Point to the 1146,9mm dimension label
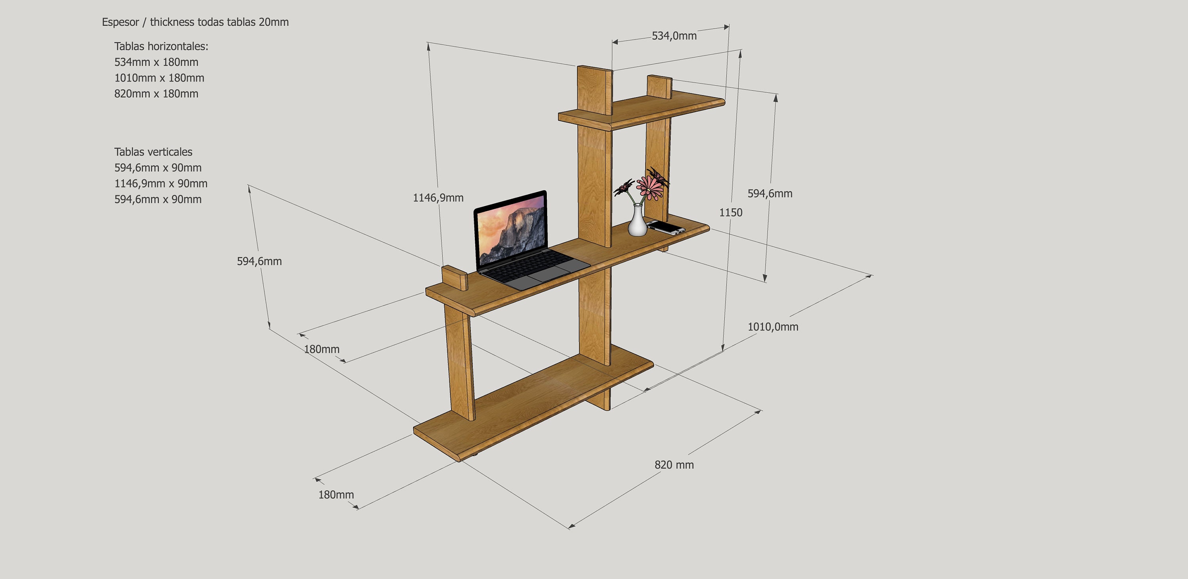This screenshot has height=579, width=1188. [438, 198]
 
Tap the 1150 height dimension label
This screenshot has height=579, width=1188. [731, 213]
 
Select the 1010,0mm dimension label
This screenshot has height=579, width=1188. [773, 327]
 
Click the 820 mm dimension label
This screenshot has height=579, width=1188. [674, 464]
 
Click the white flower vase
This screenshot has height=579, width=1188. [637, 220]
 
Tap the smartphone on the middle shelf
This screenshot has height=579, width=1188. [666, 227]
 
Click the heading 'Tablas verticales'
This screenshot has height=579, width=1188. [154, 152]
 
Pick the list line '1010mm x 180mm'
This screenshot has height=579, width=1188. [159, 78]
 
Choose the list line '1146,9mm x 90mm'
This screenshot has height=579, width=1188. [161, 183]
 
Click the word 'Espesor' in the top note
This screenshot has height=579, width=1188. [120, 22]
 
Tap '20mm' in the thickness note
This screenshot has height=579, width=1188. [274, 22]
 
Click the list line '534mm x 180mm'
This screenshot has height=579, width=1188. [156, 62]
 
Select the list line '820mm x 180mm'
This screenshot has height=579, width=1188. [156, 94]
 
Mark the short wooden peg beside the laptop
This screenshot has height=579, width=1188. [455, 278]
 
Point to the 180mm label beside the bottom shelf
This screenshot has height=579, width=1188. [336, 495]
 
